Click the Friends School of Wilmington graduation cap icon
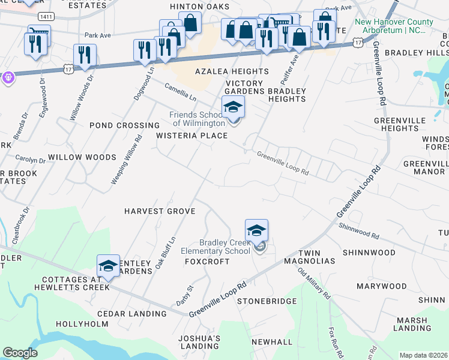tap(233, 107)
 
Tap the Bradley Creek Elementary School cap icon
tap(256, 230)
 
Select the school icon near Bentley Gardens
tap(108, 266)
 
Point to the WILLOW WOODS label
tap(82, 157)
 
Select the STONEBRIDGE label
tap(267, 301)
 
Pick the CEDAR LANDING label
tap(131, 314)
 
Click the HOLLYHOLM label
tap(80, 324)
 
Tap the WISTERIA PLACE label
tap(192, 136)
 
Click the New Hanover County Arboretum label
tap(394, 26)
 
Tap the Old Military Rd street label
tap(314, 284)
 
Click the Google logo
tap(20, 353)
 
